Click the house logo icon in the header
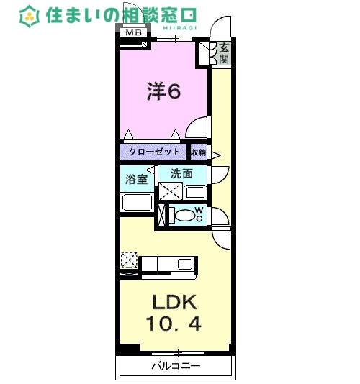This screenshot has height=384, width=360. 30,15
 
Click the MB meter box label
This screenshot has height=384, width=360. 133,32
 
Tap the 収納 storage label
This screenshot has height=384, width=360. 199,152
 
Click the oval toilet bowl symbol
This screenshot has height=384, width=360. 185,215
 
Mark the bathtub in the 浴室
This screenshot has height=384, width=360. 136,202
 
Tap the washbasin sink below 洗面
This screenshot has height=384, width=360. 194,192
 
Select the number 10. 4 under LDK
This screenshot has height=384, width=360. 173,324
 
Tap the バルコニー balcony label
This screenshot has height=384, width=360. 175,366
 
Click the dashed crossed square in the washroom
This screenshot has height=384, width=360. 170,192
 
